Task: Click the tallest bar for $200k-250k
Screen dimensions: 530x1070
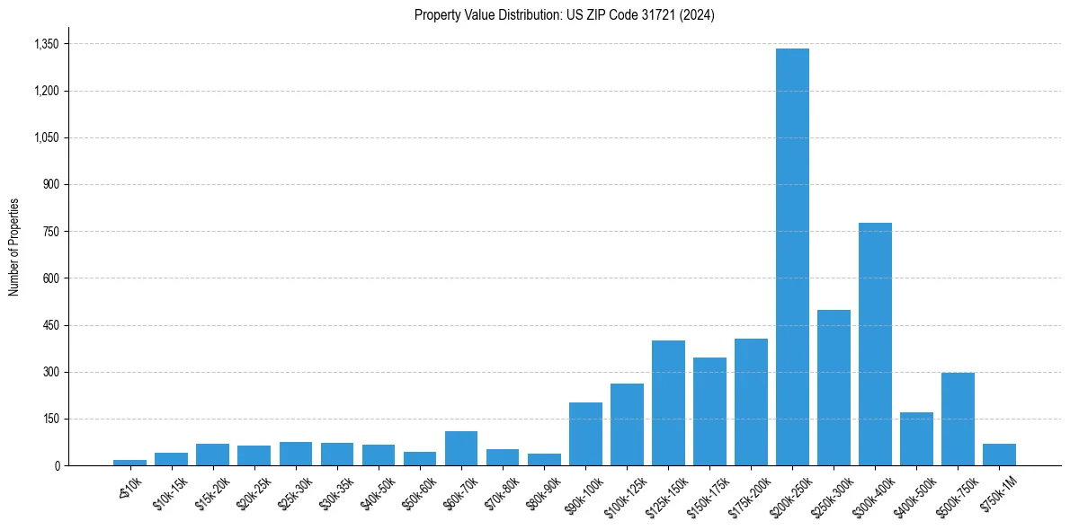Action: click(792, 257)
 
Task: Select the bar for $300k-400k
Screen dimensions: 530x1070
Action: click(875, 344)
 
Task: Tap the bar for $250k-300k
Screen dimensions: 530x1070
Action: click(834, 387)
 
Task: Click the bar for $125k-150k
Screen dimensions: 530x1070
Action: click(668, 402)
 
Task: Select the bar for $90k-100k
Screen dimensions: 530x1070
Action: click(585, 434)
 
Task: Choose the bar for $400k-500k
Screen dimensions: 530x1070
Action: click(916, 438)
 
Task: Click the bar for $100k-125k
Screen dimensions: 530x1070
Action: click(627, 424)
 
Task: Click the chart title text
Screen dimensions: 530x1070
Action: click(565, 15)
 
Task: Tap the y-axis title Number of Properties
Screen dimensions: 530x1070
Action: click(14, 247)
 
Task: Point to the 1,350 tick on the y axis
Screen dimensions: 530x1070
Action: click(46, 44)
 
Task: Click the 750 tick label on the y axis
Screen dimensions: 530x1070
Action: click(51, 232)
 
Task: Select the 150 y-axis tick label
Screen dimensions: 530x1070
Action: click(51, 419)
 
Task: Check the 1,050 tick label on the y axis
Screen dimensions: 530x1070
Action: click(46, 137)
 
